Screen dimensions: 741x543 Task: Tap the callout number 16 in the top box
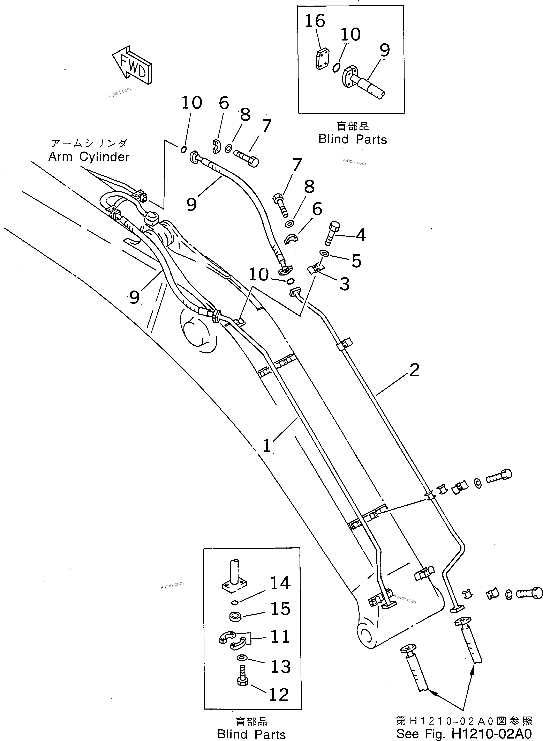pos(315,21)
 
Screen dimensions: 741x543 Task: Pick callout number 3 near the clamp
pos(344,284)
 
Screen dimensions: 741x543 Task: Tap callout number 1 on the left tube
pos(267,446)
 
